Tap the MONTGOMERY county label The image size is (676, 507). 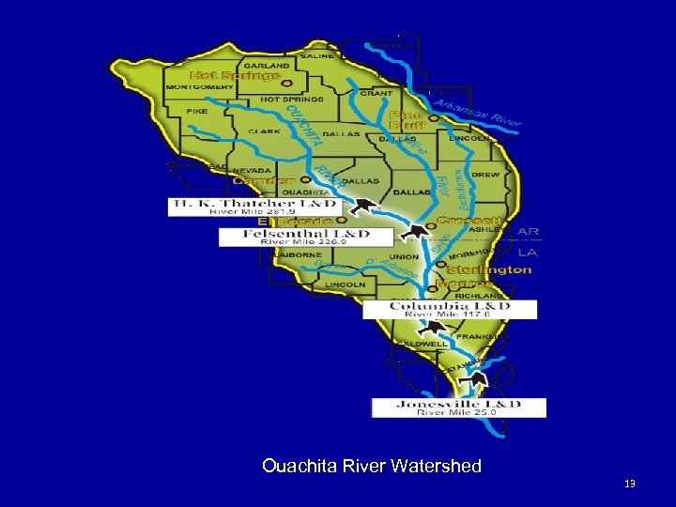coord(192,87)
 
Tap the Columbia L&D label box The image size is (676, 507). coord(450,309)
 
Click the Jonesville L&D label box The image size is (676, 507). coord(458,407)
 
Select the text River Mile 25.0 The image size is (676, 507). coord(458,412)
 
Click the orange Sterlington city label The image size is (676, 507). coord(489,269)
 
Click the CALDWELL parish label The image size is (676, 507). coord(422,344)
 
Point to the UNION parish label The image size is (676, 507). coord(404,257)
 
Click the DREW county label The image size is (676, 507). coord(485,174)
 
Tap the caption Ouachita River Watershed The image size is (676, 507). coord(372,466)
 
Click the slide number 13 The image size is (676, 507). coord(629,484)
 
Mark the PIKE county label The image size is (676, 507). coord(197,111)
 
